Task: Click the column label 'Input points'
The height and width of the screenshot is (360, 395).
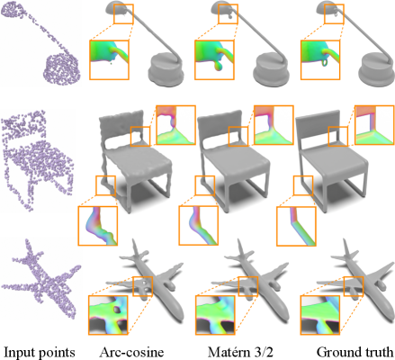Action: point(39,352)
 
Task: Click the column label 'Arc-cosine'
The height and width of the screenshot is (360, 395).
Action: point(132,352)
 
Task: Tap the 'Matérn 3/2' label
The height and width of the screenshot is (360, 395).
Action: point(240,352)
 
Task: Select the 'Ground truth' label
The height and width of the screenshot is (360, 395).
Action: point(355,352)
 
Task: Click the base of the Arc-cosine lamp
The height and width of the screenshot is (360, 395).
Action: point(165,70)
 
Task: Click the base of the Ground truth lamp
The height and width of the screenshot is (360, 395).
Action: point(376,70)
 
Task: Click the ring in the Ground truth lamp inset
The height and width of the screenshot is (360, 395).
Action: point(325,62)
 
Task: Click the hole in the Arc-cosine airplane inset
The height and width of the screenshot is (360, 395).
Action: point(116,310)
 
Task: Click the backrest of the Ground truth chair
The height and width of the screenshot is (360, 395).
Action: point(319,125)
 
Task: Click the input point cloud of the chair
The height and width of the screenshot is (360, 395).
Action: point(38,160)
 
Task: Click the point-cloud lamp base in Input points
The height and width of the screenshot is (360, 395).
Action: point(62,68)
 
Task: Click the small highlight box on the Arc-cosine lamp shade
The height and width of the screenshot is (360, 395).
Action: point(123,13)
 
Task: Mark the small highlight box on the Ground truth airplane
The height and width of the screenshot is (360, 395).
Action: point(354,286)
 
